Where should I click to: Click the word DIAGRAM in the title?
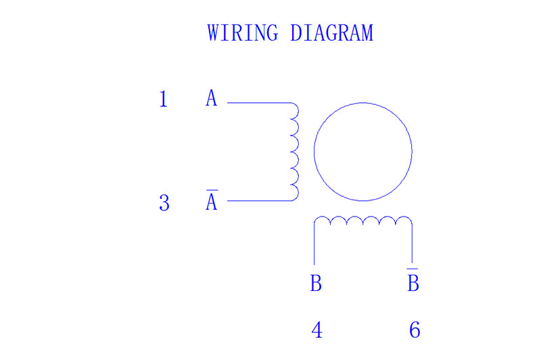click(x=331, y=32)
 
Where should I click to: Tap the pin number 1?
click(x=163, y=99)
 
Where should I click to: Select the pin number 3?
click(x=164, y=202)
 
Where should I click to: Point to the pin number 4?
click(x=316, y=330)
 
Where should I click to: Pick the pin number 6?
click(x=415, y=330)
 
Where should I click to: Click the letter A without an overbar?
click(x=212, y=99)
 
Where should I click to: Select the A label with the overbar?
click(x=212, y=202)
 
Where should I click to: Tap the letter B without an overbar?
click(x=316, y=284)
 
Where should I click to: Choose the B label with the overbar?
click(x=413, y=282)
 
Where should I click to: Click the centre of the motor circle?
click(x=363, y=152)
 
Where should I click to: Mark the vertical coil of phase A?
click(x=294, y=152)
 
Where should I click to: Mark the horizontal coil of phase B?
click(x=363, y=222)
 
